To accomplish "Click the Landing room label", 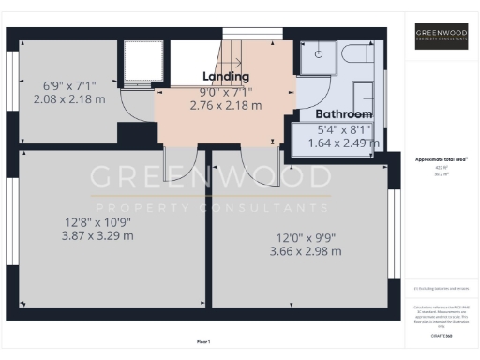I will tap(226, 75).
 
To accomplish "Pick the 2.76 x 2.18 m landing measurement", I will tap(225, 106).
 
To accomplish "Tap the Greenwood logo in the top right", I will tap(441, 36).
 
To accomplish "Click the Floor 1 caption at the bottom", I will tap(202, 341).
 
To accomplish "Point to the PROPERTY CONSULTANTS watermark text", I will tap(210, 208).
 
